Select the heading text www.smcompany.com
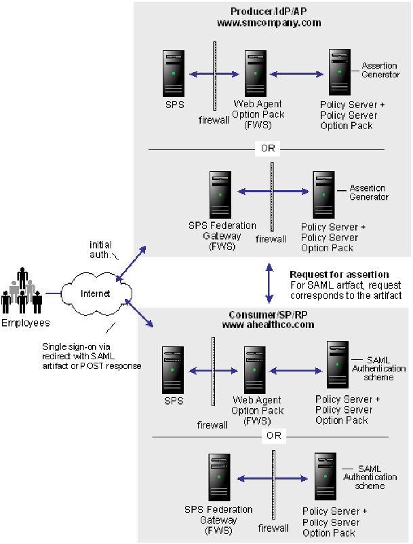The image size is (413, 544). tap(269, 22)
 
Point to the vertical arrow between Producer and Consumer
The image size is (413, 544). tap(269, 285)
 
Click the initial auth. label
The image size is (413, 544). tap(100, 249)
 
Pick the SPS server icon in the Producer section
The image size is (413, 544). tap(174, 73)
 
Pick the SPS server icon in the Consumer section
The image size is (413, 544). tap(174, 370)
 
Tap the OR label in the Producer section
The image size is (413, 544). tap(268, 148)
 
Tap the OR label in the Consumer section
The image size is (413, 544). tap(273, 435)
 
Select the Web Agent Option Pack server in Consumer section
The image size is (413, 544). tap(256, 370)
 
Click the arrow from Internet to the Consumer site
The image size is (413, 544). tap(134, 318)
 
